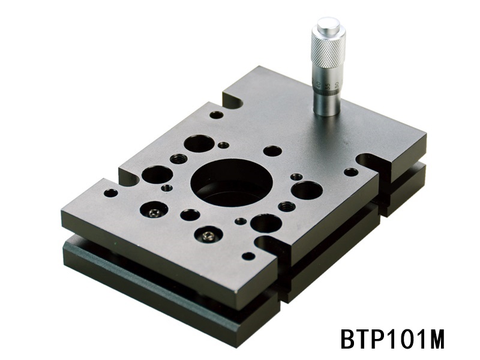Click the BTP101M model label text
(392, 338)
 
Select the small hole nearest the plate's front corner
(248, 256)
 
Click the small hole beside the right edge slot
(351, 172)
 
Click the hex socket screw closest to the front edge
(208, 235)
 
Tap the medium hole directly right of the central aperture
(307, 190)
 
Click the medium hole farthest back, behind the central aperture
(198, 143)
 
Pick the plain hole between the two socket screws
(190, 214)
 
